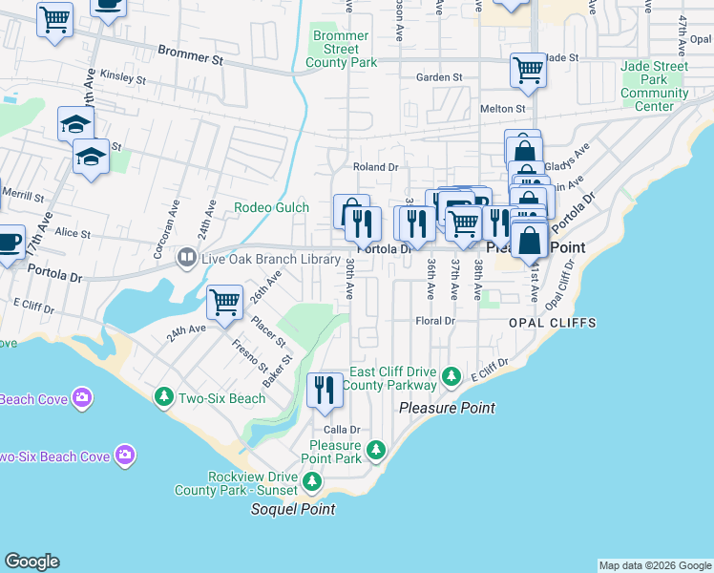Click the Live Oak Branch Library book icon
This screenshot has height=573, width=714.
tap(187, 257)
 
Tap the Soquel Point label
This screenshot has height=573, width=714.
tap(293, 509)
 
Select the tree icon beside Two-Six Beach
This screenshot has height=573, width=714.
tap(164, 396)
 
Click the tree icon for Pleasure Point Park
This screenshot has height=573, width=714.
tap(376, 449)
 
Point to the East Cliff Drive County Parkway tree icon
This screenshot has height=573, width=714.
tap(453, 378)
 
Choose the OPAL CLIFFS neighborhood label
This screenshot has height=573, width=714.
tap(553, 323)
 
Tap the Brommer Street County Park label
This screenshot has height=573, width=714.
tap(341, 50)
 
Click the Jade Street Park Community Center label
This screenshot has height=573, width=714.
tap(654, 86)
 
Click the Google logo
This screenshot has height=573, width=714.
tap(31, 562)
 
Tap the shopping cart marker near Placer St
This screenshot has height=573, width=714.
tap(225, 303)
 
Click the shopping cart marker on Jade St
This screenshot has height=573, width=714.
tap(528, 70)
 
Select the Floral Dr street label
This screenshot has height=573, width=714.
tap(435, 321)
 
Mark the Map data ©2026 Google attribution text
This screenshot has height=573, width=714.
tap(655, 565)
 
